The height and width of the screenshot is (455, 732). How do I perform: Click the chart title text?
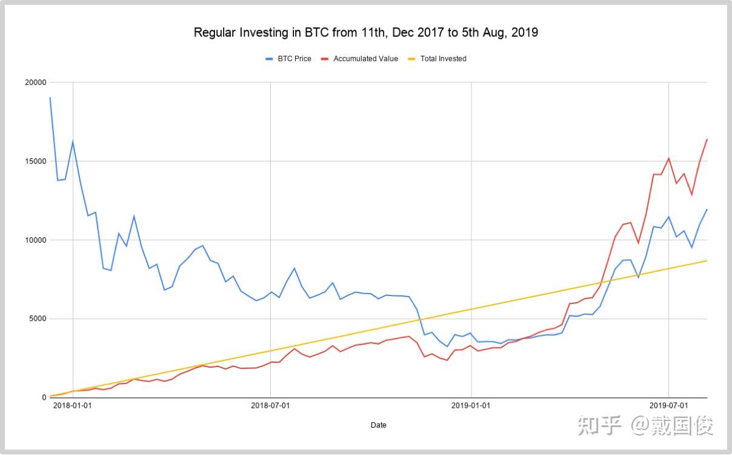[365, 33]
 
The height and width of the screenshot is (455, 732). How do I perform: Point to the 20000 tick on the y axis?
[35, 83]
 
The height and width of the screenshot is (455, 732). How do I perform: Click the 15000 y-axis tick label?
[35, 161]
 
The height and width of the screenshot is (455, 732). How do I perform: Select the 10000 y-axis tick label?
[35, 240]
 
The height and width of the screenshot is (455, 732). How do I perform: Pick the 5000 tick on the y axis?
[37, 319]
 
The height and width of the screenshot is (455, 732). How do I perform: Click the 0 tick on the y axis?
[43, 398]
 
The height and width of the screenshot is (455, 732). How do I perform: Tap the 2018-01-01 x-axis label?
[73, 405]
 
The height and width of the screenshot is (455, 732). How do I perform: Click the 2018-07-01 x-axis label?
[270, 405]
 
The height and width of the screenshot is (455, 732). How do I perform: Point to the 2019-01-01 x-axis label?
[471, 405]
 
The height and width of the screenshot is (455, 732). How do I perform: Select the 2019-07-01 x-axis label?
[668, 405]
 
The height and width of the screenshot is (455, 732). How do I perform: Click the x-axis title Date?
[379, 425]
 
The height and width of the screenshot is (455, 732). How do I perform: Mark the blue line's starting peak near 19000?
[50, 98]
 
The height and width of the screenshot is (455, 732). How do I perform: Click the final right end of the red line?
[707, 140]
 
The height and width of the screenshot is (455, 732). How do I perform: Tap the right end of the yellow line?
[707, 260]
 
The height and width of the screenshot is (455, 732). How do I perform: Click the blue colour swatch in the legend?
[270, 59]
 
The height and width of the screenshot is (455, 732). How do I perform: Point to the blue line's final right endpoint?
[707, 209]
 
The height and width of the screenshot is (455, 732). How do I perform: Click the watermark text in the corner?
[645, 426]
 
